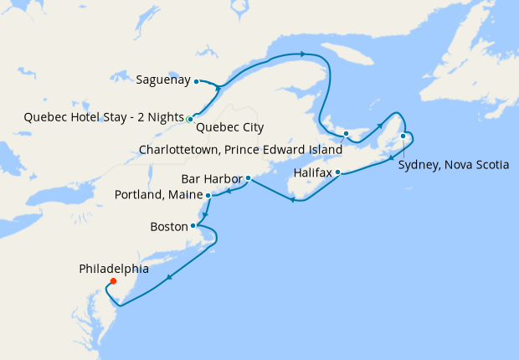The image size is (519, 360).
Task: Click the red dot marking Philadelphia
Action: tap(113, 281)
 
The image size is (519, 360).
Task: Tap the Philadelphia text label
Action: tap(114, 269)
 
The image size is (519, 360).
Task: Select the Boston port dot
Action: tap(193, 225)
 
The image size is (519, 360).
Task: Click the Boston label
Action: tap(168, 226)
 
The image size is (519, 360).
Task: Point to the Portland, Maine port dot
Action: tap(208, 195)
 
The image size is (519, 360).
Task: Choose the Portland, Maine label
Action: tap(158, 196)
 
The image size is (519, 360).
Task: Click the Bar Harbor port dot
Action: tap(249, 178)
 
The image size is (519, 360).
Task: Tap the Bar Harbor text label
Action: tap(212, 179)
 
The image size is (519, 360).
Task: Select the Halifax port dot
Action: tap(338, 172)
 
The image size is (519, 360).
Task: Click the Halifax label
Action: tap(313, 173)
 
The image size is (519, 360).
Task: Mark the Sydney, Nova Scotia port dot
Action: tap(403, 136)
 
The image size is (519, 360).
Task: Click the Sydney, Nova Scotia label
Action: tap(453, 165)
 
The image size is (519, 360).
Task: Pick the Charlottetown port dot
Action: tap(346, 134)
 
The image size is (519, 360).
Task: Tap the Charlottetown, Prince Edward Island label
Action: tap(240, 150)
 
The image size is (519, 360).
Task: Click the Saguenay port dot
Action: tap(196, 81)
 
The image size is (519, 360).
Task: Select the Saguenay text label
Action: tap(162, 81)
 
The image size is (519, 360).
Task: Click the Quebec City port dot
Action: tap(191, 118)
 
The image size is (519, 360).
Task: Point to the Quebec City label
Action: tap(229, 128)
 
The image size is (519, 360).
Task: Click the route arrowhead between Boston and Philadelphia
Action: tap(170, 278)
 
